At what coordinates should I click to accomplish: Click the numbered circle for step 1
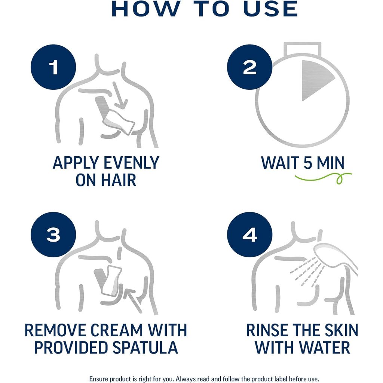point(53,67)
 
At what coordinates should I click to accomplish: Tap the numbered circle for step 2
point(249,67)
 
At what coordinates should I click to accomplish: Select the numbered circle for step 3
point(53,235)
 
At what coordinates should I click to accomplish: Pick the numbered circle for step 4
point(249,235)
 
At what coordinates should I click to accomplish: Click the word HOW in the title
point(145,9)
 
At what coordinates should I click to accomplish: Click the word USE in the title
point(271,9)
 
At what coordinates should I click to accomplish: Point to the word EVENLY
point(131,163)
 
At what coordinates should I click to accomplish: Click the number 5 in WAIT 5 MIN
point(308,163)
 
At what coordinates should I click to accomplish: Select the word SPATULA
point(145,347)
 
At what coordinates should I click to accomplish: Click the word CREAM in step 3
point(117,330)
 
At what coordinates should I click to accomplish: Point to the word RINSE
point(267,330)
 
